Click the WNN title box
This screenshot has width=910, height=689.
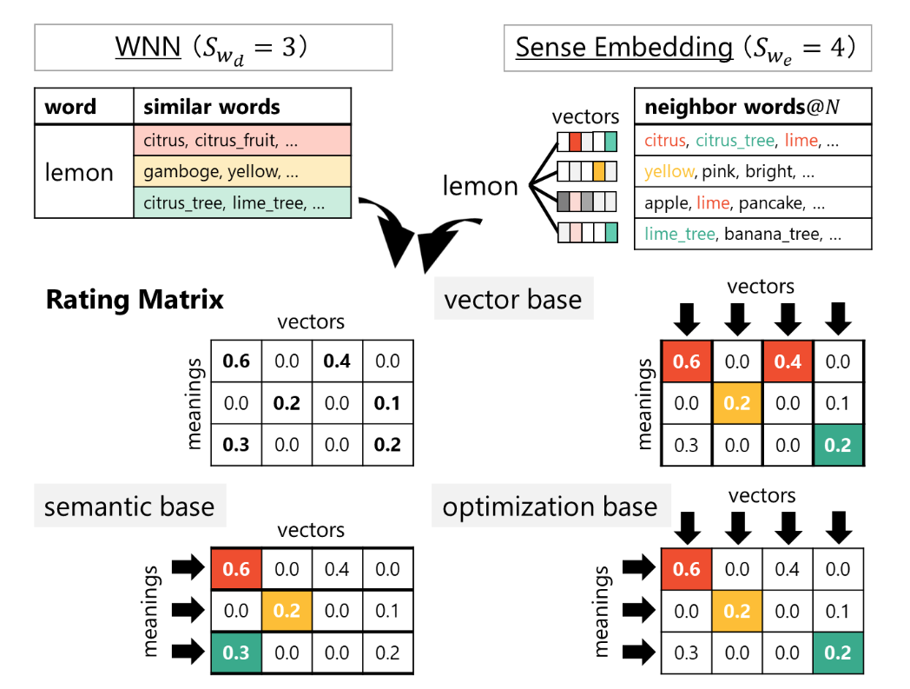pyautogui.click(x=213, y=47)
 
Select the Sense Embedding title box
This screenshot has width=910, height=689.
pyautogui.click(x=687, y=47)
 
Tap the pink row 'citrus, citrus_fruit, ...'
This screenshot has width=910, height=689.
pyautogui.click(x=241, y=141)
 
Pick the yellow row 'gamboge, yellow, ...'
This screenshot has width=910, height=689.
pyautogui.click(x=241, y=172)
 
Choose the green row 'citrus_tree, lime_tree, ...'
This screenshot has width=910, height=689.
pyautogui.click(x=241, y=203)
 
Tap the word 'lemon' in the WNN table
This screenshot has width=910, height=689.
pyautogui.click(x=79, y=172)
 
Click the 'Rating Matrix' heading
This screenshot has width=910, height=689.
pyautogui.click(x=135, y=300)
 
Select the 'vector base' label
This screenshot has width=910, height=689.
pyautogui.click(x=512, y=300)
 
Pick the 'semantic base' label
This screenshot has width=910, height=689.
pyautogui.click(x=129, y=507)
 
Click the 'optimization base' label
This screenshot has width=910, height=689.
pyautogui.click(x=550, y=507)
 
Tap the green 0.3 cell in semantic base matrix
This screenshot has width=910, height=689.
pyautogui.click(x=236, y=653)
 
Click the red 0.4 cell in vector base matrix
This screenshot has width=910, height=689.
pyautogui.click(x=788, y=361)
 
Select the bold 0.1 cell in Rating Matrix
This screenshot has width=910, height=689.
pyautogui.click(x=387, y=403)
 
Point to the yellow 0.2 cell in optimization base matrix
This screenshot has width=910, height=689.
pyautogui.click(x=736, y=612)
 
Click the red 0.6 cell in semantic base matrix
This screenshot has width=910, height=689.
pyautogui.click(x=236, y=569)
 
